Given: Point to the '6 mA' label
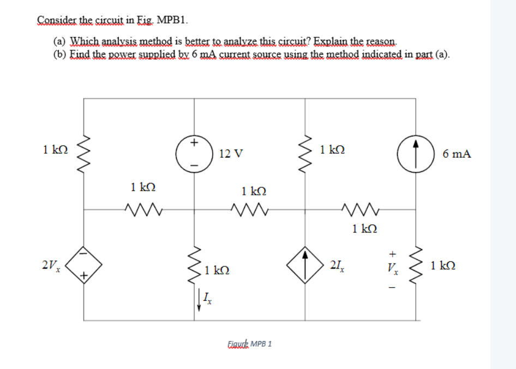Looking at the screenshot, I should click(x=457, y=154).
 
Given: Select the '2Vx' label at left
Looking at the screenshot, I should click(x=51, y=266).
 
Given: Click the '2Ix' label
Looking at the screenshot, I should click(x=337, y=266).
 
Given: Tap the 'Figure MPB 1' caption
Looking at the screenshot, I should click(x=249, y=344).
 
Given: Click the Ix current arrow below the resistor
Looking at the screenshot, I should click(x=199, y=299).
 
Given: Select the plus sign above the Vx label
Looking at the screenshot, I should click(x=391, y=253).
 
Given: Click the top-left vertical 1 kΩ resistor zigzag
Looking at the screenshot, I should click(x=84, y=151).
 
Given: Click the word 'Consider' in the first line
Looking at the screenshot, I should click(x=52, y=21).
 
